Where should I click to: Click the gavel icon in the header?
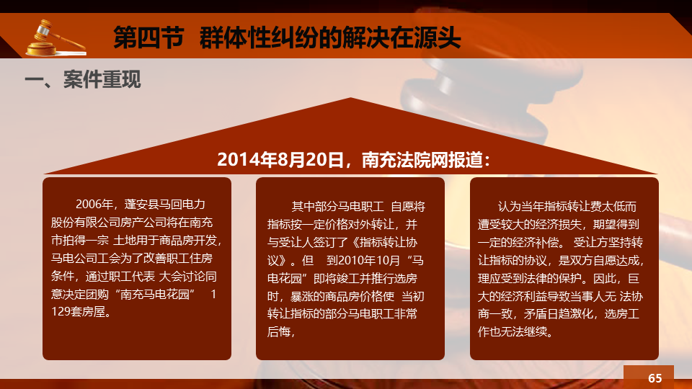click(56, 38)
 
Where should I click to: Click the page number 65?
click(655, 378)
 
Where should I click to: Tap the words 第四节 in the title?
click(148, 37)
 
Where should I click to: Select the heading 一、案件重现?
click(83, 79)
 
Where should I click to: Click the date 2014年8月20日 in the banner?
click(280, 160)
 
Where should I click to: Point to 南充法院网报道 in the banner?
click(422, 160)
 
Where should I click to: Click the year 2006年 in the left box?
click(94, 204)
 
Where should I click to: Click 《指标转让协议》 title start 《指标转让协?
click(384, 242)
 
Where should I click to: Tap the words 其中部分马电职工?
click(337, 207)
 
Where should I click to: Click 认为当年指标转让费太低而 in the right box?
click(567, 207)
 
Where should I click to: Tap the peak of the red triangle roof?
click(351, 98)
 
